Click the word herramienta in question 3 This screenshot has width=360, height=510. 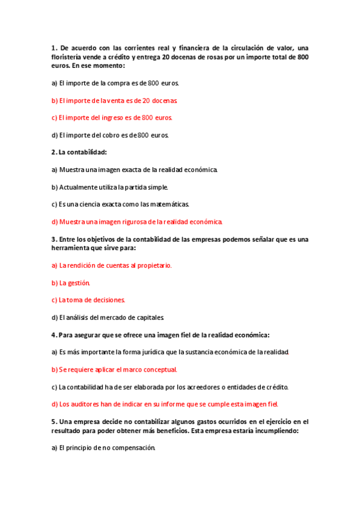[73, 248]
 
